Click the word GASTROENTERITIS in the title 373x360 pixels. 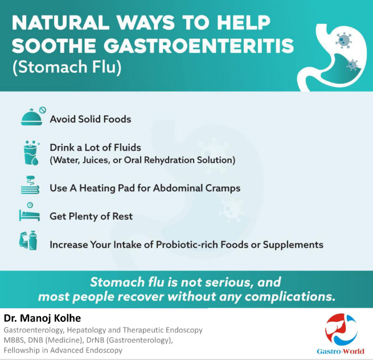pos(199,45)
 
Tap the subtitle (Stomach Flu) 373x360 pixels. pos(67,67)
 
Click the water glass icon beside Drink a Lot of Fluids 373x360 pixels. pos(31,153)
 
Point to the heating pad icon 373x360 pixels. pos(30,185)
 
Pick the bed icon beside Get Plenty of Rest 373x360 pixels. pos(29,212)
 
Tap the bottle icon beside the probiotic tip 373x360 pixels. pos(32,240)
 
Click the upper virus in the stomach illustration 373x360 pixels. pos(343,40)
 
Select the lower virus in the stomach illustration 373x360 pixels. pos(352,65)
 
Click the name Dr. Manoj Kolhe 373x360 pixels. pos(42,318)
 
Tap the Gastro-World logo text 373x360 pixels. pos(341,351)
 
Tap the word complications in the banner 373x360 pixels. pos(290,297)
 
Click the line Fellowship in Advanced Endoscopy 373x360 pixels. pos(63,350)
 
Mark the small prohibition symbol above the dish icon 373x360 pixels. pos(43,110)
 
